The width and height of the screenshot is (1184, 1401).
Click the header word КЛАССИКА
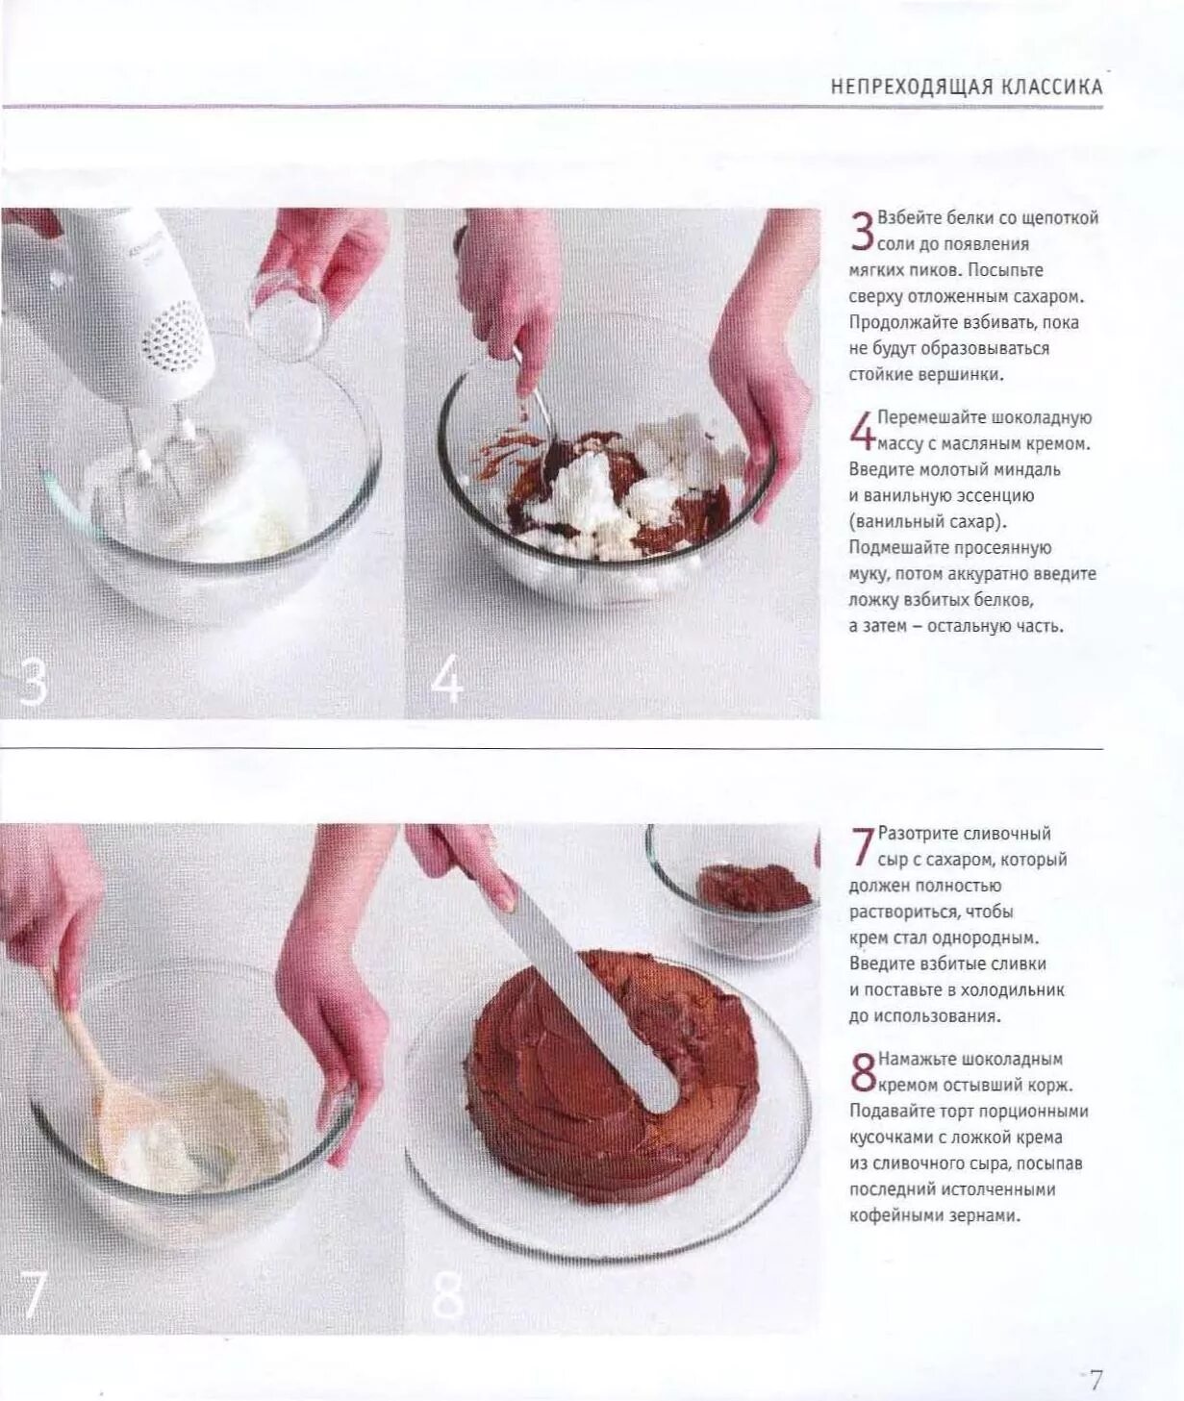point(1047,88)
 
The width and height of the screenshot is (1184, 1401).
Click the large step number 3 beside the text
point(863,232)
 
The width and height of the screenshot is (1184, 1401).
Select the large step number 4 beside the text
point(863,430)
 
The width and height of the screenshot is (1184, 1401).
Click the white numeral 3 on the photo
point(32,681)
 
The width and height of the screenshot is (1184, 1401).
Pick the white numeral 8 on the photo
point(447,1295)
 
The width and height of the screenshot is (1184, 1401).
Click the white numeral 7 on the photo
point(30,1295)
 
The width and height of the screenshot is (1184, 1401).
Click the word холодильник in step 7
point(1013,990)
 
